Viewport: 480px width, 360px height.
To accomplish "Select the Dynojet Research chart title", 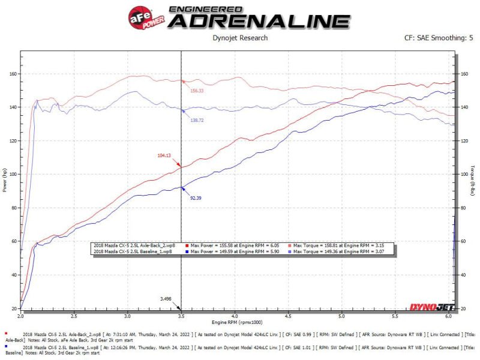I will click(240, 38).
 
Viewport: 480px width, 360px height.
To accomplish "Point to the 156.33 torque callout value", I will click(197, 91).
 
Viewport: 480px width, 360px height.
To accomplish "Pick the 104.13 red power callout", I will click(164, 155).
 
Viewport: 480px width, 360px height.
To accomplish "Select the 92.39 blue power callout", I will click(196, 198).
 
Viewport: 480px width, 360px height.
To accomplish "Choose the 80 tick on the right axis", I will click(463, 208).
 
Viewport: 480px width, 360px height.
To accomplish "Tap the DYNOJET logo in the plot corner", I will click(431, 308).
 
